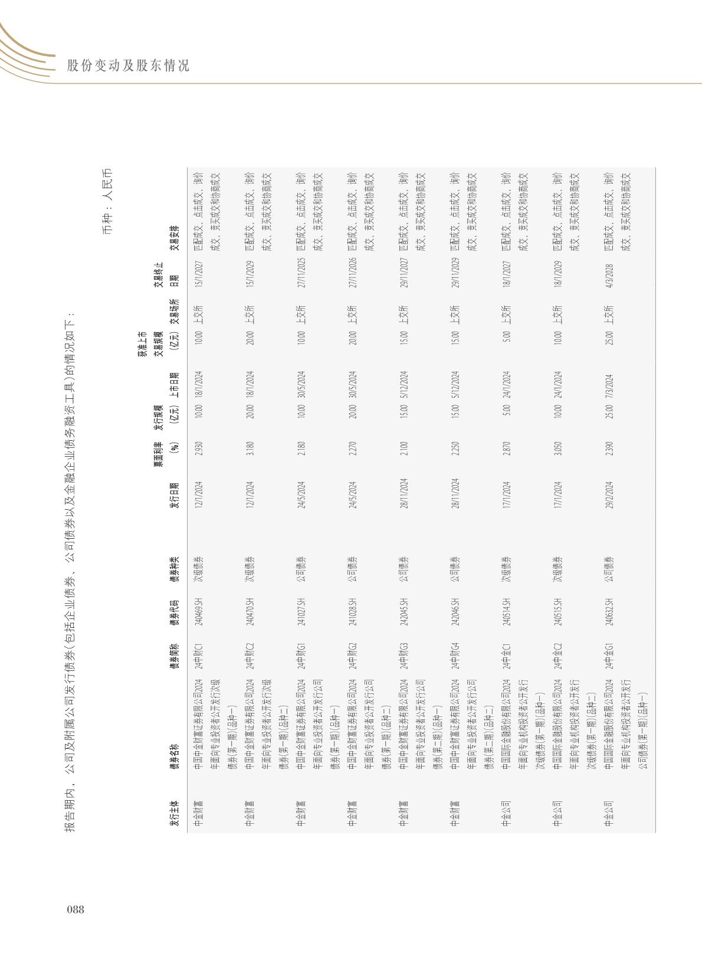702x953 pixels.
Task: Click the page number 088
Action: pyautogui.click(x=76, y=909)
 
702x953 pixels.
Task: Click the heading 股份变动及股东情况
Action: pyautogui.click(x=128, y=66)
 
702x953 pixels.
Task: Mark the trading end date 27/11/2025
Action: pyautogui.click(x=301, y=274)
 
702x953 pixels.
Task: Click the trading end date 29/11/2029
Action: pyautogui.click(x=455, y=274)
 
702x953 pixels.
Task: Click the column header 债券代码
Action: pyautogui.click(x=175, y=614)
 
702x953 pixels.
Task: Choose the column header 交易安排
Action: pyautogui.click(x=175, y=238)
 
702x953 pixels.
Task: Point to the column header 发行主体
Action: pyautogui.click(x=175, y=814)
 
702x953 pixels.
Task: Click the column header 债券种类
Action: pyautogui.click(x=175, y=569)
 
